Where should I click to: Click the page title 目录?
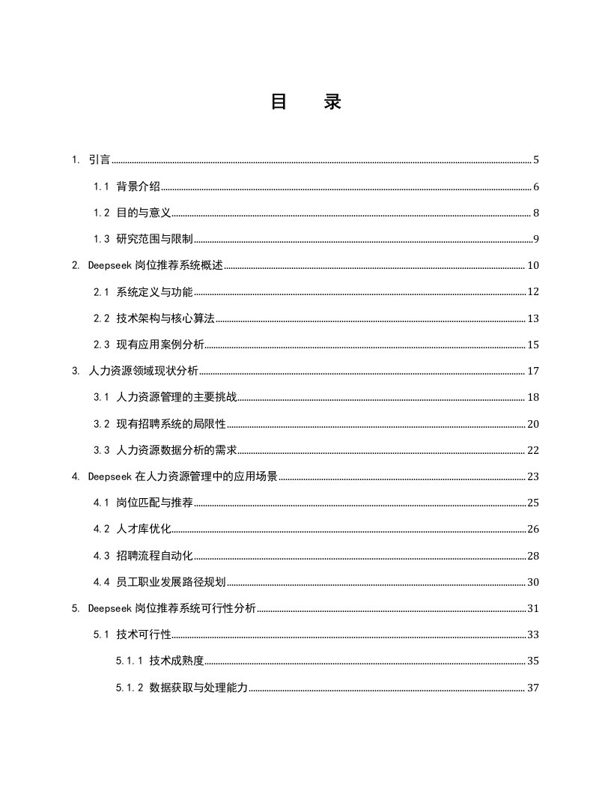[305, 103]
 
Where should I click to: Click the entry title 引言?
[100, 160]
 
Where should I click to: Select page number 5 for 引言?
[536, 160]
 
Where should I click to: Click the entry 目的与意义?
[144, 213]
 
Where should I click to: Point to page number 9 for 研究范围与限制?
[536, 240]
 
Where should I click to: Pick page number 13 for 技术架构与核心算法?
[533, 319]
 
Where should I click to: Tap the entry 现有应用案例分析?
[160, 345]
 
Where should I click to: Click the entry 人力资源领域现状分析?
[143, 372]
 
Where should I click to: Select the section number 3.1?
[102, 398]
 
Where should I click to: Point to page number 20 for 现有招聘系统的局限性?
[533, 424]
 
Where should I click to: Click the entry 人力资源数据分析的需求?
[177, 450]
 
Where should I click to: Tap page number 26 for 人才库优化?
[533, 530]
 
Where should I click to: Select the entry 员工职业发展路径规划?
[171, 582]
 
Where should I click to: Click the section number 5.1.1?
[130, 661]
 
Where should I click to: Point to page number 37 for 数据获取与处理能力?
[533, 688]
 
